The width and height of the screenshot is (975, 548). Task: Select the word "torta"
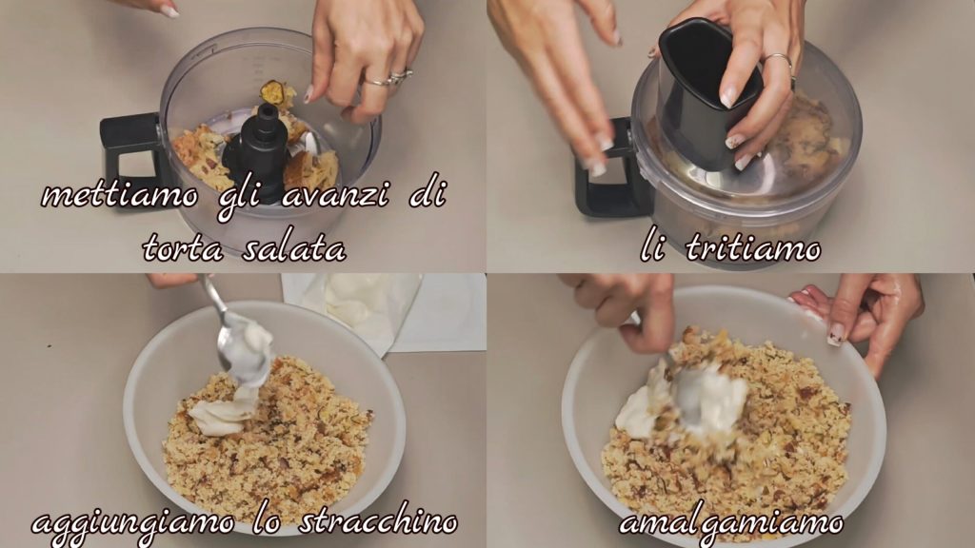(183, 248)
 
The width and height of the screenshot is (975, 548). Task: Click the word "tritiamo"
(753, 248)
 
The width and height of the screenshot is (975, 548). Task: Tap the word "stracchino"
(378, 520)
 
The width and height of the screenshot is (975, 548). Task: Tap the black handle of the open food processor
(130, 154)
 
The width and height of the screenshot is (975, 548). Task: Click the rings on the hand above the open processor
(390, 78)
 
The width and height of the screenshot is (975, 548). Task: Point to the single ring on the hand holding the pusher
(780, 60)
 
